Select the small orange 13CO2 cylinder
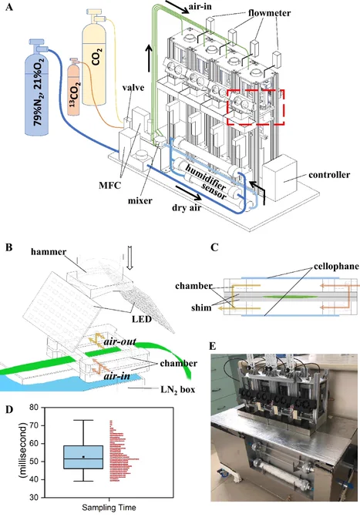point(74,89)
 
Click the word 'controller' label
point(329,175)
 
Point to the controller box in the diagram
point(280,178)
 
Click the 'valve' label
point(133,88)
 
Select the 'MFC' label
point(109,185)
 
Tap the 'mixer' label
point(140,201)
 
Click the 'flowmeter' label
point(269,13)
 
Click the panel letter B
point(9,248)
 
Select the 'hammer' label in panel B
point(49,252)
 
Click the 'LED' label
point(141,319)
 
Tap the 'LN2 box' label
point(178,390)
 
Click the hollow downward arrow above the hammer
point(130,257)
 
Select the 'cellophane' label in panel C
point(336,267)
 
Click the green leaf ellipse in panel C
point(290,297)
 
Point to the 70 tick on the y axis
point(43,425)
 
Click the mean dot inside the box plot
point(83,457)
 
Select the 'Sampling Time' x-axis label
point(109,508)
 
